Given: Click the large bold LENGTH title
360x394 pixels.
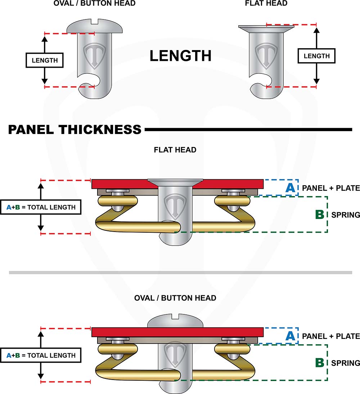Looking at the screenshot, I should [x=180, y=56].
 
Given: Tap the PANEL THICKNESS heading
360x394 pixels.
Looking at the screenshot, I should [x=75, y=129].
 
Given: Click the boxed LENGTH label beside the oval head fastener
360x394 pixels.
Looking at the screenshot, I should [x=45, y=60].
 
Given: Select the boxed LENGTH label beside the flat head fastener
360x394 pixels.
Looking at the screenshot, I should [x=316, y=56].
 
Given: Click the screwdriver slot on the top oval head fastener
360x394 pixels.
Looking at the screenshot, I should [x=95, y=23].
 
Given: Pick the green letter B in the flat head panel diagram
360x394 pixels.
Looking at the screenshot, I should [x=320, y=214].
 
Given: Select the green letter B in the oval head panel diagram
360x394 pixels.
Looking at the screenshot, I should [x=320, y=362].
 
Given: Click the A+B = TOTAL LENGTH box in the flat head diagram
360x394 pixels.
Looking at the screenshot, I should [x=41, y=207].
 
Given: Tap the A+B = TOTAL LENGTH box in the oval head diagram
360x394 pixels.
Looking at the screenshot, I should [x=41, y=355].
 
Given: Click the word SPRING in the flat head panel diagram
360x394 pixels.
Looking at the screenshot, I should [x=345, y=215].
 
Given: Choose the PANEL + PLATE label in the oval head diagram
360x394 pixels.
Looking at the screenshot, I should [x=331, y=336].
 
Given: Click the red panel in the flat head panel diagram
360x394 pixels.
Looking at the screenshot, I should [x=119, y=184].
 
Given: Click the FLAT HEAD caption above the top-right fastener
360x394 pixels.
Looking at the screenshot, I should [x=266, y=4].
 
